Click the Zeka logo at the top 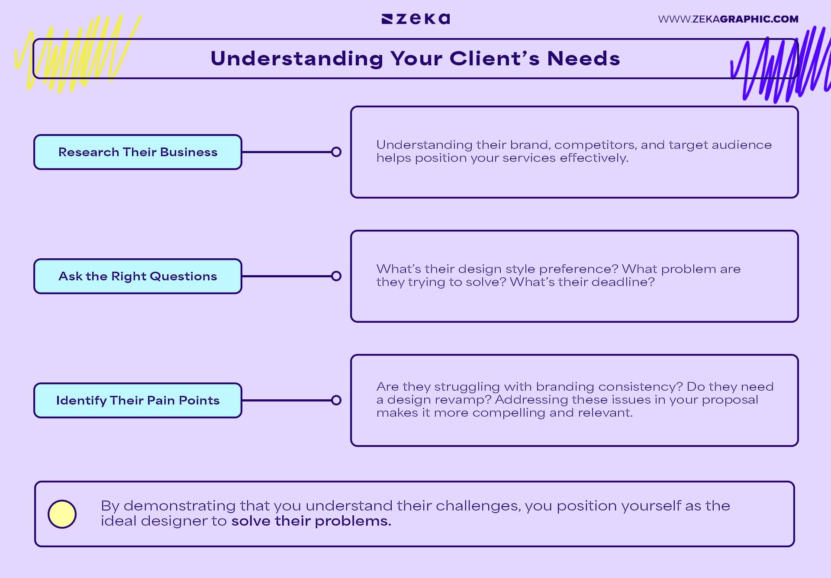pyautogui.click(x=415, y=19)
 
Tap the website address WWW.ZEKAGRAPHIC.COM pyautogui.click(x=728, y=19)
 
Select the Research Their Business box pyautogui.click(x=138, y=152)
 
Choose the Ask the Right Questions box pyautogui.click(x=138, y=276)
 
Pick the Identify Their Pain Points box pyautogui.click(x=138, y=401)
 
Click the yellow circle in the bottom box pyautogui.click(x=62, y=514)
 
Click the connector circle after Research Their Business pyautogui.click(x=336, y=152)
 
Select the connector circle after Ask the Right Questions pyautogui.click(x=336, y=276)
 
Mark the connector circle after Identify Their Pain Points pyautogui.click(x=336, y=401)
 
